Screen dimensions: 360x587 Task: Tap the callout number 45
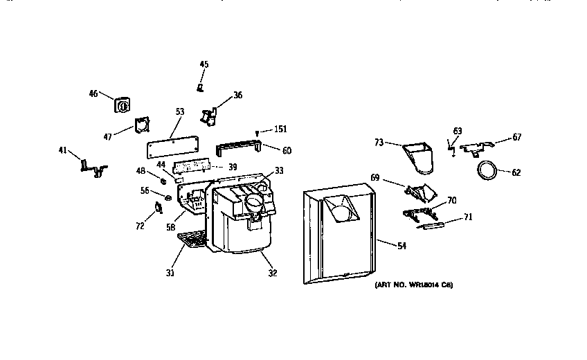[x=204, y=64]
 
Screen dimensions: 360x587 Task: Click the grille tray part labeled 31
[x=191, y=240]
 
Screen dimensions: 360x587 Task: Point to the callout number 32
[x=272, y=273]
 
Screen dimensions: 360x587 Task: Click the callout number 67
[x=516, y=137]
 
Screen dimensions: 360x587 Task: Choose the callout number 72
[x=139, y=226]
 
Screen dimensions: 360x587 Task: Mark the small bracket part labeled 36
[x=208, y=117]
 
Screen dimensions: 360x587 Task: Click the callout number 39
[x=233, y=167]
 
